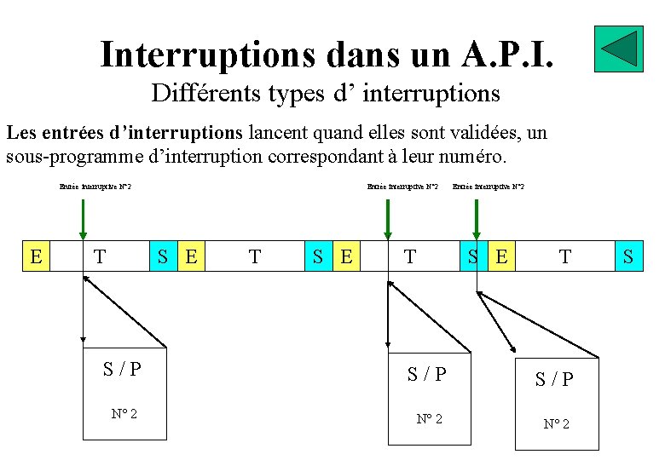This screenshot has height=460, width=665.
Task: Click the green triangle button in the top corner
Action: pos(618,49)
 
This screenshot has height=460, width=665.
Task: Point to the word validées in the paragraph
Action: pos(484,132)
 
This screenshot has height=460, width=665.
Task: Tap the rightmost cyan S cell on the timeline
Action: pos(628,256)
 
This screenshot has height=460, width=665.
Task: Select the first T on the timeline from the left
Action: pos(100,256)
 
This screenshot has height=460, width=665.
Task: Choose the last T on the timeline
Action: pos(564,256)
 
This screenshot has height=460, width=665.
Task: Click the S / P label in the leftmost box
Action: pos(122,369)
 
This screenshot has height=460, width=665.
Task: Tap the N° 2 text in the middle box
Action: pos(428,418)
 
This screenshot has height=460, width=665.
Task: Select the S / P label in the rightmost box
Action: pos(554,380)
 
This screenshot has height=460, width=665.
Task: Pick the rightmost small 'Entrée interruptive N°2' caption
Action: pos(489,187)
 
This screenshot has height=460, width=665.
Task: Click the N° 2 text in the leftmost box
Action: pos(124,414)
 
